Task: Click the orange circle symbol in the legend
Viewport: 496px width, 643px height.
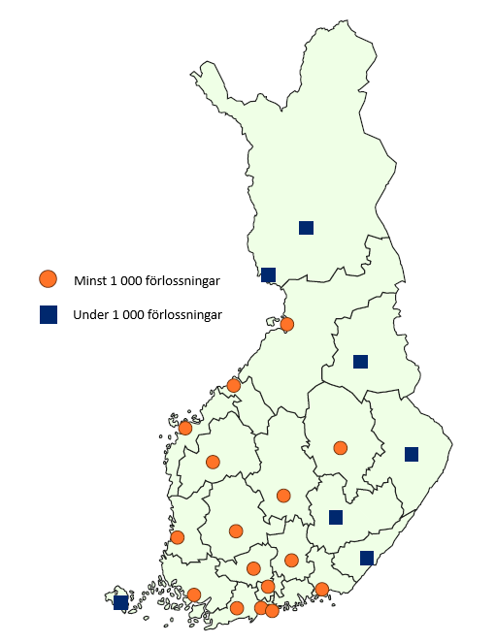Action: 48,279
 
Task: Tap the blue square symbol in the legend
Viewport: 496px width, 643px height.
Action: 48,314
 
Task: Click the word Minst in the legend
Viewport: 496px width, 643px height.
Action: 89,281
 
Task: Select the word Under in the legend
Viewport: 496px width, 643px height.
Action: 90,315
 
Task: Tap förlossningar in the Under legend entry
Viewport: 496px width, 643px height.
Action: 182,315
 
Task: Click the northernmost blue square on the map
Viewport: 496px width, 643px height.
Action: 306,228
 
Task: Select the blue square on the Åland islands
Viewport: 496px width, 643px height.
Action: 120,602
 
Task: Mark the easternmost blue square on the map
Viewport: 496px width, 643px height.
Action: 412,454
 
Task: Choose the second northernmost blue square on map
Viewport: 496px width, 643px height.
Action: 269,274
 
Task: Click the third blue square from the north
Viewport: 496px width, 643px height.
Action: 360,362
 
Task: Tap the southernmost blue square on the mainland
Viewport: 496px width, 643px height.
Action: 367,558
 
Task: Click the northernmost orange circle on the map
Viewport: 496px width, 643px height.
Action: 287,325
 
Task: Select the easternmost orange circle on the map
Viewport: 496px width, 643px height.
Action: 340,447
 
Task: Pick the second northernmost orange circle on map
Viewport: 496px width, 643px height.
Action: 234,385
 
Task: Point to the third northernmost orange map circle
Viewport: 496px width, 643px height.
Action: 185,428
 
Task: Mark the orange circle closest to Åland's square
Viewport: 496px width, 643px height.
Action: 194,595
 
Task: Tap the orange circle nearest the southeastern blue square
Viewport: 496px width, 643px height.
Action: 322,589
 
